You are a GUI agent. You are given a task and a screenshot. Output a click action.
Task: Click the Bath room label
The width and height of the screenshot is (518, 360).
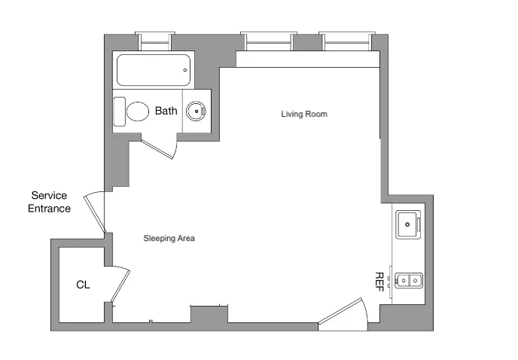coord(166,111)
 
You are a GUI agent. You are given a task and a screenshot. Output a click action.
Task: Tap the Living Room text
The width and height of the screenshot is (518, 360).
coord(304,114)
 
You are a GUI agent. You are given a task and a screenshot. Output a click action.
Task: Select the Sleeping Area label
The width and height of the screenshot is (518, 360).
coord(169,238)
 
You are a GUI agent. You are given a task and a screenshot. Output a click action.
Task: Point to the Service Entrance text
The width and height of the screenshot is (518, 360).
coord(50,202)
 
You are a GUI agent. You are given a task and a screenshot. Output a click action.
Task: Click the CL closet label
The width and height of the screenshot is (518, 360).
coord(83,285)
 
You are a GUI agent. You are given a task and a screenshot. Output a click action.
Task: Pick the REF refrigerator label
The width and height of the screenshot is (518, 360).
coord(379,281)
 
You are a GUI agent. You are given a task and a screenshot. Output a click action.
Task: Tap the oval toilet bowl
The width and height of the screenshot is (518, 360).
coord(138,112)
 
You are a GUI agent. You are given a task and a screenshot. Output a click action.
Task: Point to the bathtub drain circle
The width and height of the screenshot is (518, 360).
coord(185,71)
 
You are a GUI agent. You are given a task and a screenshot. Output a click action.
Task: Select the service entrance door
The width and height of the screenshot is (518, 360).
coord(96,212)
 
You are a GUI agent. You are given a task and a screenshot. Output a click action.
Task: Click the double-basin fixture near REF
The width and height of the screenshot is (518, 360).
coord(410,281)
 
